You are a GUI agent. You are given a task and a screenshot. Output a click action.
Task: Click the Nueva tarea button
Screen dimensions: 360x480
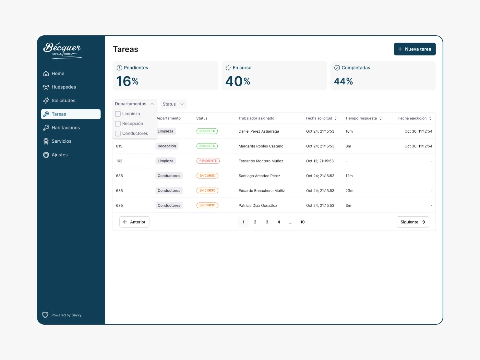tap(414, 49)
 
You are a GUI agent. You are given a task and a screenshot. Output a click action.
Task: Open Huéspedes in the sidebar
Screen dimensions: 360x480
tap(64, 87)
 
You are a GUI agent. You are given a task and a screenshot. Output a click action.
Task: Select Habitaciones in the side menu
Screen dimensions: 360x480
tap(66, 128)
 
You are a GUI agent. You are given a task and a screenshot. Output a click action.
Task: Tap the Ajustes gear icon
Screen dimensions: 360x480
tap(46, 155)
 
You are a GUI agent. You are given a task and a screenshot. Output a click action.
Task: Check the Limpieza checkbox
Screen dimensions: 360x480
tap(118, 114)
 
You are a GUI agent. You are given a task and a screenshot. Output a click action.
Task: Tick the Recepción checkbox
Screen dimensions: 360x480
tap(118, 124)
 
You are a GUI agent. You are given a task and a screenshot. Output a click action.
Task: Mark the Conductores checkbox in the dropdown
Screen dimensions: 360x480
tap(118, 134)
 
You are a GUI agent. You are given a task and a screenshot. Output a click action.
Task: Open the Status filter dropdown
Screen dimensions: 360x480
tap(173, 104)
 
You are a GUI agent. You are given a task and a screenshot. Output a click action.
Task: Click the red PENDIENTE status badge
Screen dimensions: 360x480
tap(208, 161)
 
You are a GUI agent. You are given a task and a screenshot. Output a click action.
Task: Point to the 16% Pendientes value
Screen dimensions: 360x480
tap(127, 81)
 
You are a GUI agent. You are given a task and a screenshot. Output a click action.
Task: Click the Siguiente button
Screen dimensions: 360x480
tap(413, 222)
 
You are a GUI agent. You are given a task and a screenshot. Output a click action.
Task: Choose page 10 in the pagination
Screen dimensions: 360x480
tap(302, 222)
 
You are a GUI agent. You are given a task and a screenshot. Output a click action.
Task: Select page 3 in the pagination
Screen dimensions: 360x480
tap(267, 222)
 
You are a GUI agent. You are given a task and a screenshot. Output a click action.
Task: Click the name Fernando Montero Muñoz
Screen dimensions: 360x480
tap(261, 161)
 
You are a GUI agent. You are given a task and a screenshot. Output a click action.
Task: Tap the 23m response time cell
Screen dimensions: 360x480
tap(349, 191)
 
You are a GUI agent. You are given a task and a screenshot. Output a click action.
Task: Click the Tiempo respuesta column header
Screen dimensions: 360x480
tap(361, 118)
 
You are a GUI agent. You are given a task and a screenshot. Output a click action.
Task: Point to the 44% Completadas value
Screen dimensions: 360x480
tap(343, 81)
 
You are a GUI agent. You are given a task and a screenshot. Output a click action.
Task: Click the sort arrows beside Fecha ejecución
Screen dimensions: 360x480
tap(430, 118)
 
